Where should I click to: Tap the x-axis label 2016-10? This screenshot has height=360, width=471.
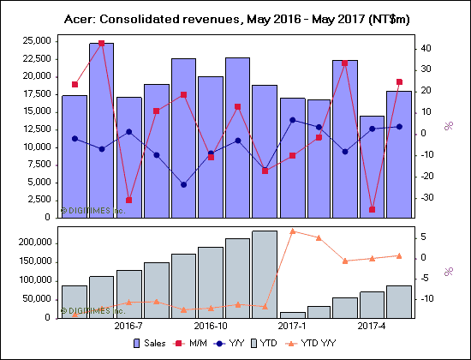(211, 327)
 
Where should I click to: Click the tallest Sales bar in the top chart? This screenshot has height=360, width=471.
(101, 129)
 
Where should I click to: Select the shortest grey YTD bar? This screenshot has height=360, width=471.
(293, 315)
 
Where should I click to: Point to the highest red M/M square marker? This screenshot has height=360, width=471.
(102, 43)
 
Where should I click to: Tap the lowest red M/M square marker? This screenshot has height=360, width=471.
(373, 209)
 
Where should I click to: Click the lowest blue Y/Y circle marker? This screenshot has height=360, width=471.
(183, 184)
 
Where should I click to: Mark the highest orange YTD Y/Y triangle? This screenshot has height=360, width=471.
(292, 231)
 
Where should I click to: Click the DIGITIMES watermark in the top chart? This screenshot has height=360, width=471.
(92, 209)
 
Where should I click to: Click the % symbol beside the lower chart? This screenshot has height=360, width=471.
(448, 272)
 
